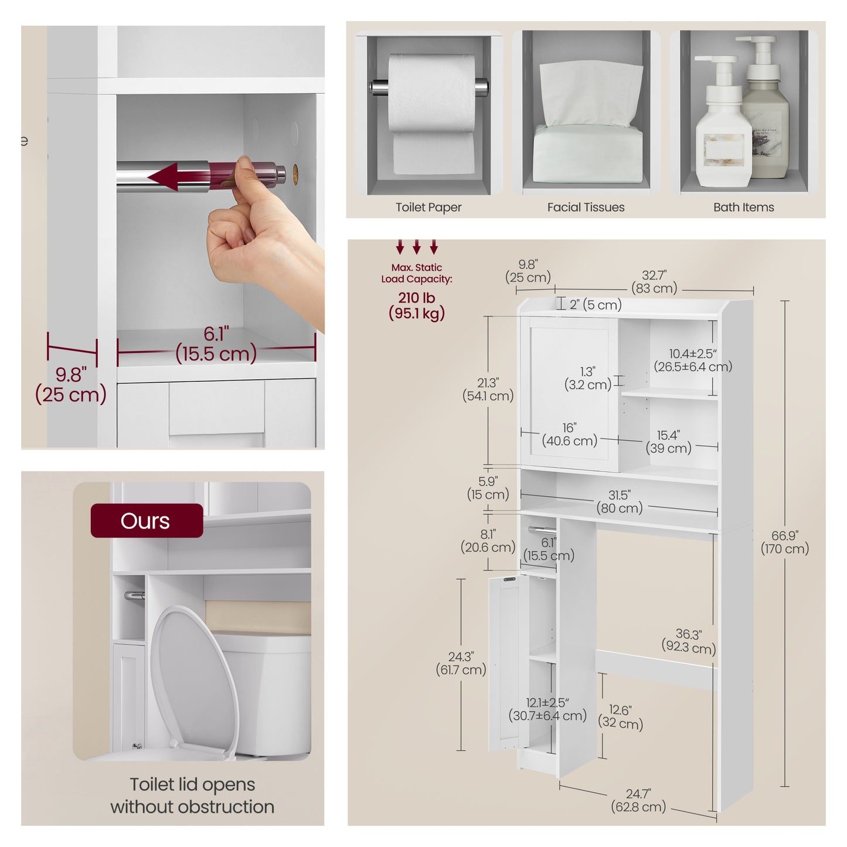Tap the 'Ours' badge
[x=147, y=521]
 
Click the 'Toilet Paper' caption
[x=428, y=207]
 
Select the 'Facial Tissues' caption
[x=586, y=207]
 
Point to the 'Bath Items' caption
[x=743, y=207]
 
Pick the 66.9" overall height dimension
[x=785, y=542]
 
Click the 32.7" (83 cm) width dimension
[x=654, y=281]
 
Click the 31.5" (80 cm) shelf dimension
[x=620, y=502]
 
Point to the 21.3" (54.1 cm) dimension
[x=488, y=389]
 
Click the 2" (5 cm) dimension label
[x=596, y=304]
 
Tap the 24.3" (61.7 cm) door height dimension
[x=461, y=664]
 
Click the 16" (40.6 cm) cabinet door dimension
[x=569, y=434]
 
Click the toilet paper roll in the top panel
[x=431, y=113]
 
